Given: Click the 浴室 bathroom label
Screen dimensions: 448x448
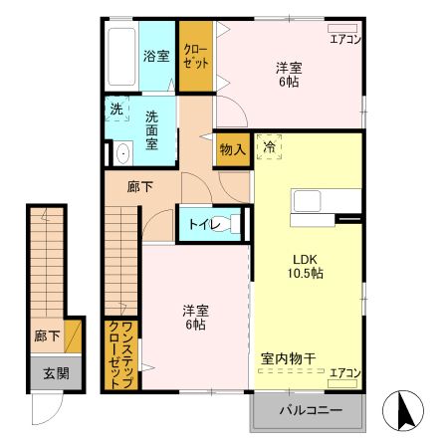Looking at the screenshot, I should [x=154, y=56].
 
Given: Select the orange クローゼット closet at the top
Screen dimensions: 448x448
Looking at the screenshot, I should [x=196, y=56].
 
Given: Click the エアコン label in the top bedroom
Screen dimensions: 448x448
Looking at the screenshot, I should [x=345, y=40].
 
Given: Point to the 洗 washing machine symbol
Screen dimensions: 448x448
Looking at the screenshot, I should [x=116, y=109].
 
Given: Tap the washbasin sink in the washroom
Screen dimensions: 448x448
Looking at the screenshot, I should [x=122, y=152].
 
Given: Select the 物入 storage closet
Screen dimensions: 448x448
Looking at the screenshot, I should [x=231, y=147].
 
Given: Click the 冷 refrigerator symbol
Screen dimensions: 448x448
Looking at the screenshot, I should [x=269, y=146].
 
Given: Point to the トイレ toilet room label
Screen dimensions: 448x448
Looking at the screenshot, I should [x=198, y=224].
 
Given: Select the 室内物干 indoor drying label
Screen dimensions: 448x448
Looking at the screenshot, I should [x=288, y=356].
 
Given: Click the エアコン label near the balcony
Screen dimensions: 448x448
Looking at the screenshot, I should [x=345, y=373].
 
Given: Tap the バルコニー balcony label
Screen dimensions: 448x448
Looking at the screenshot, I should [x=310, y=410].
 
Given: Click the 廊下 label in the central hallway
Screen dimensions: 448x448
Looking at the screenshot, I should [x=139, y=184].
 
